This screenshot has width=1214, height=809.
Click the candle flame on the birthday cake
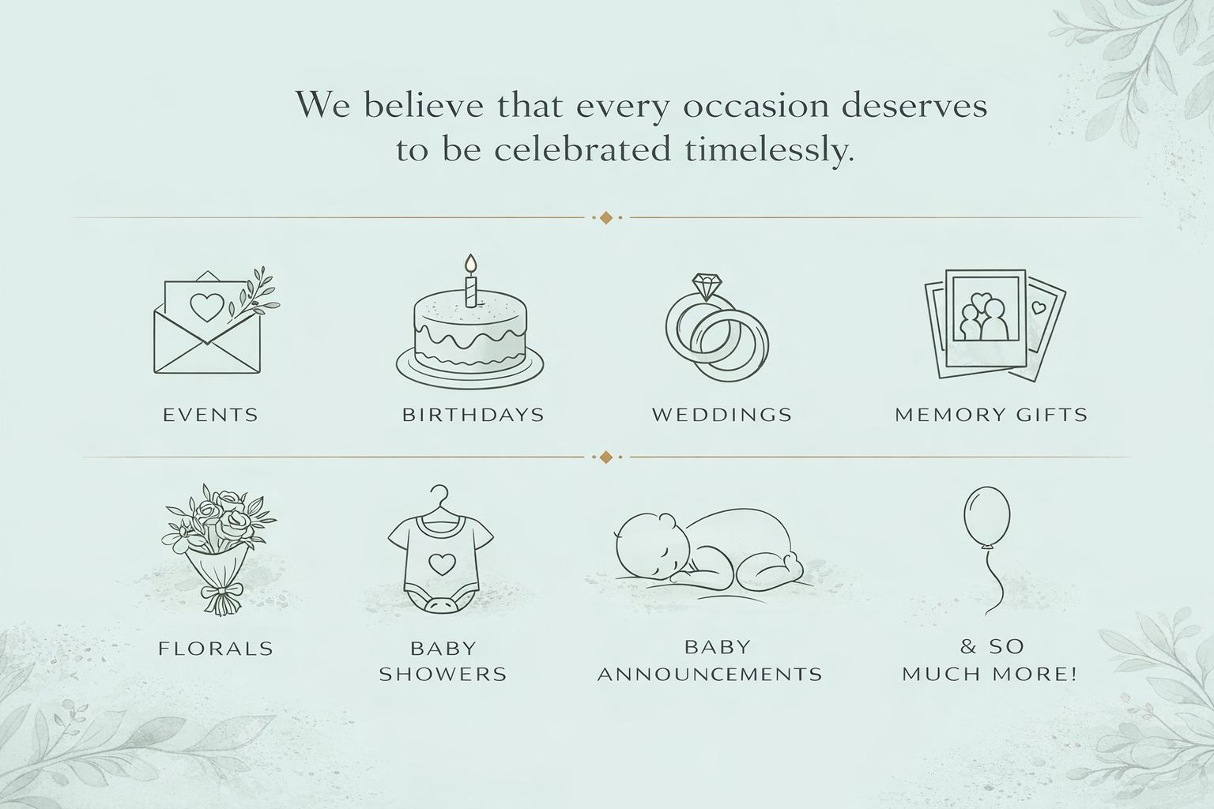tap(471, 263)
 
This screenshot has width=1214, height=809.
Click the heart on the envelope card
tap(207, 307)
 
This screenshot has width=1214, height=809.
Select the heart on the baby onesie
tap(440, 563)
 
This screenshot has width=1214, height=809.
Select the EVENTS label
tap(210, 415)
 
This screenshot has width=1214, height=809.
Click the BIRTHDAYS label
tap(473, 415)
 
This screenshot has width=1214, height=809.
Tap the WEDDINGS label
tap(722, 415)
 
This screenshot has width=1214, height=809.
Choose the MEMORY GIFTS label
tap(991, 415)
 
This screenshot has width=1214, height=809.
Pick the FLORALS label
tap(216, 649)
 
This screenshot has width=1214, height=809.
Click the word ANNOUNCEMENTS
tap(710, 675)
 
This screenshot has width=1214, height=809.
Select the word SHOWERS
tap(443, 675)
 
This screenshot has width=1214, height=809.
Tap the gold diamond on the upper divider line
tap(606, 217)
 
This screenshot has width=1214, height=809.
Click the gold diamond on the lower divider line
tap(606, 457)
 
